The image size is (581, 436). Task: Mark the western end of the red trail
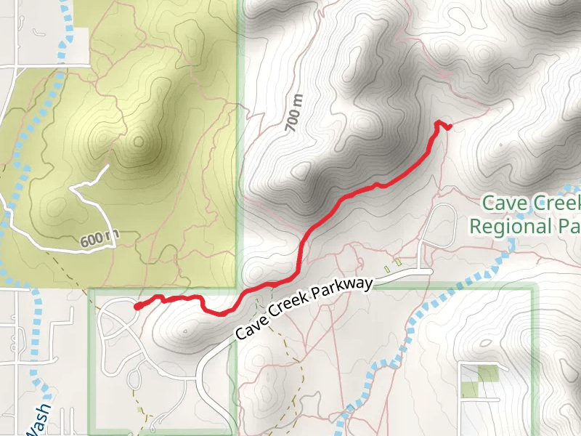pos(137,307)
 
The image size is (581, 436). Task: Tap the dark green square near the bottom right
pos(489,374)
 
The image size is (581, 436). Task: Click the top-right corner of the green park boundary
pos(535,288)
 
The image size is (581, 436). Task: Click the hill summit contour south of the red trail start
pos(187,331)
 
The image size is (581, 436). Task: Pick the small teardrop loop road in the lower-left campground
pos(136,378)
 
